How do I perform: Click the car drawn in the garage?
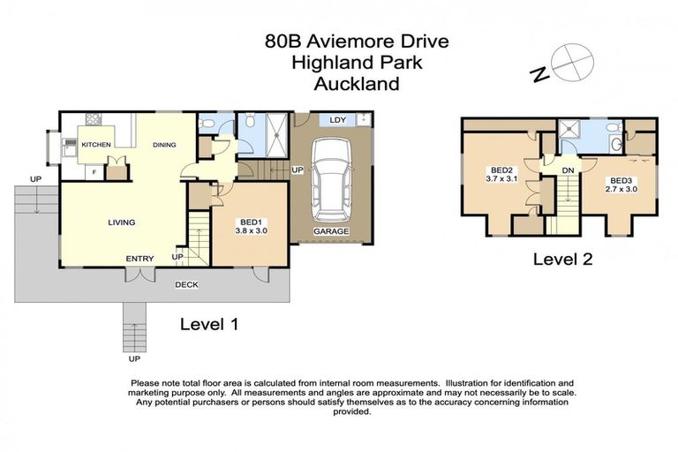click(330, 181)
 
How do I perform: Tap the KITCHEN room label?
click(95, 145)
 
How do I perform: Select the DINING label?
click(165, 145)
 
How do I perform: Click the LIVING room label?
click(122, 222)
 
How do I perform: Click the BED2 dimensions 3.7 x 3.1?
click(501, 179)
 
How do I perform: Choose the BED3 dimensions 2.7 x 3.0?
click(621, 188)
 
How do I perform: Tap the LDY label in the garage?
click(336, 119)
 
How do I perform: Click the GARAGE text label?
click(332, 231)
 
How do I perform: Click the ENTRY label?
click(139, 259)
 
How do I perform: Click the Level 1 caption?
click(209, 324)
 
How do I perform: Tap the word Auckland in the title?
click(357, 84)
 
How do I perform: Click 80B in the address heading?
click(286, 41)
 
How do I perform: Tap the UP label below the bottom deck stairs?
click(134, 359)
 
